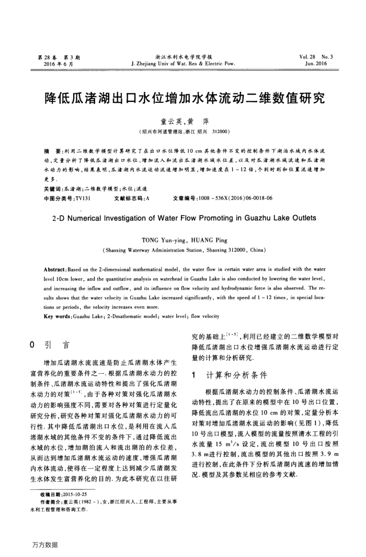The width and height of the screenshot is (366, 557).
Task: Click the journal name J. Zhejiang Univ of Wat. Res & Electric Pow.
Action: point(182,63)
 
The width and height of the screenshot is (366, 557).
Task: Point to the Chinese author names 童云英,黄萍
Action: point(183,120)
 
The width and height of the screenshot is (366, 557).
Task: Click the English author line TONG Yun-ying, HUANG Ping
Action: point(183,240)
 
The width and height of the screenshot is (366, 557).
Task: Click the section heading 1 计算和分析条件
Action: point(230,375)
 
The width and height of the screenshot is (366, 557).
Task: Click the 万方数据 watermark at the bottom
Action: point(44,545)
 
